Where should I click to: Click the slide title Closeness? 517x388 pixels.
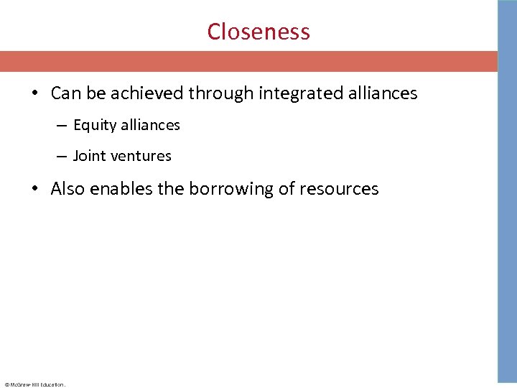click(x=258, y=32)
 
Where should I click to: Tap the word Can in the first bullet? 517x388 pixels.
click(x=65, y=93)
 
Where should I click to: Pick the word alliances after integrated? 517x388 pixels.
click(x=381, y=93)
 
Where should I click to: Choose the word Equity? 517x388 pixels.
click(x=95, y=126)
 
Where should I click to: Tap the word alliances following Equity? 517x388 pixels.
click(x=150, y=125)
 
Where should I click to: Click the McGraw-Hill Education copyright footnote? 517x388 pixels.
click(x=34, y=384)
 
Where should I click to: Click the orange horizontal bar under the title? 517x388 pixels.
click(x=248, y=61)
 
